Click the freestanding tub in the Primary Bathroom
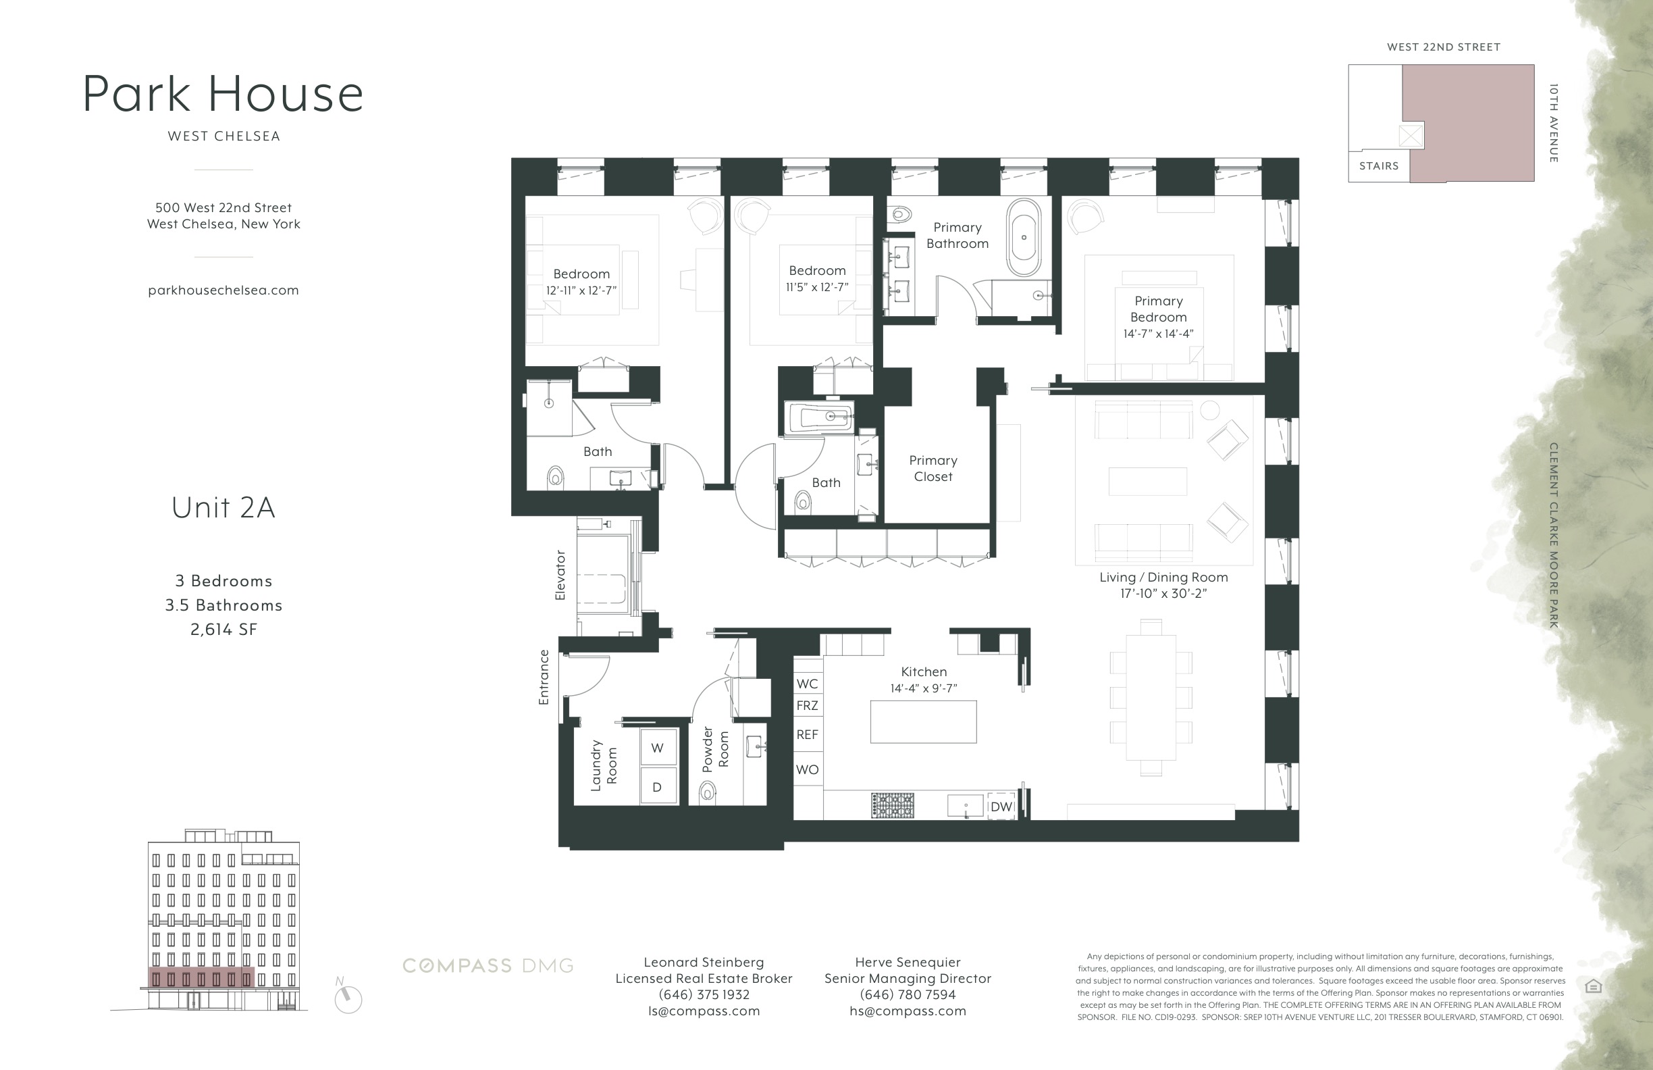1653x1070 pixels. point(1024,238)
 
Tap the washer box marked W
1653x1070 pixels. point(658,748)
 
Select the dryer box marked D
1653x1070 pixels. point(657,786)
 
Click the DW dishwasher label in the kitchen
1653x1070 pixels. point(1001,807)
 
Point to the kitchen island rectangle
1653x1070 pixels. point(923,722)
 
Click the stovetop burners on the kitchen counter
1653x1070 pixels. point(893,805)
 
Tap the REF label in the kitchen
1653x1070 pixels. point(807,734)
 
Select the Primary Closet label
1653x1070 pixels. point(933,468)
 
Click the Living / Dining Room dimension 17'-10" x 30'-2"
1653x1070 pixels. point(1163,593)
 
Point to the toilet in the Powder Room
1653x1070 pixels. point(707,791)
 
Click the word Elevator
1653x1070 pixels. point(560,575)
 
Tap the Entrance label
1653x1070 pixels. point(544,677)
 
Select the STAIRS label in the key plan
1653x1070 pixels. point(1379,166)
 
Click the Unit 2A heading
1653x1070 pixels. point(223,507)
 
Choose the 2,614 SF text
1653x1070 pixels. point(224,630)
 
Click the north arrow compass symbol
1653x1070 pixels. point(347,998)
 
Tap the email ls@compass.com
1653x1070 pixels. point(704,1011)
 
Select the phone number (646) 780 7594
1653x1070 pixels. point(907,994)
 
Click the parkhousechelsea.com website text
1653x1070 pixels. point(223,290)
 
